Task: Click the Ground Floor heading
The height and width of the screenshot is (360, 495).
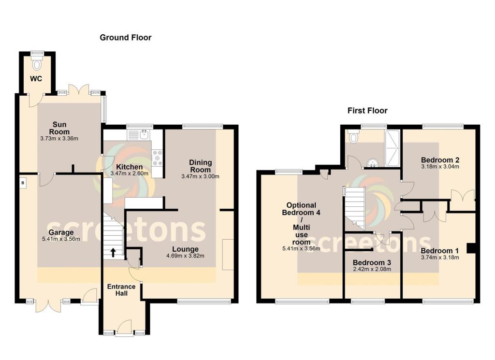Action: pos(125,37)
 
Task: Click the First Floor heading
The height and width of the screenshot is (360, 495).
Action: pos(367,111)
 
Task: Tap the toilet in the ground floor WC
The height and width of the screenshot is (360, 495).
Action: pos(37,64)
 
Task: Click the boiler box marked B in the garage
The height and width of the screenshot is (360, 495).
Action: pos(22,183)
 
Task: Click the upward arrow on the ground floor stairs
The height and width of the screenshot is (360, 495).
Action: pos(114,252)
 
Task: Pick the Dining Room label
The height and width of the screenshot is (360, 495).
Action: pos(200,166)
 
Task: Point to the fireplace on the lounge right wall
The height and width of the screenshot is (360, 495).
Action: pos(227,254)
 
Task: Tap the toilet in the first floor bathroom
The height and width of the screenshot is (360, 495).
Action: pos(354,138)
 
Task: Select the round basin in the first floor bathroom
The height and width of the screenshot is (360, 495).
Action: pos(372,163)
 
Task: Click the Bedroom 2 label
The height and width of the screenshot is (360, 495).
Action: pos(439,160)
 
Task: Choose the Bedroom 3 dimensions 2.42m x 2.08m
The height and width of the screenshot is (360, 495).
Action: pos(372,270)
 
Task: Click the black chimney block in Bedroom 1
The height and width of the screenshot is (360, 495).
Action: pos(470,248)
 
